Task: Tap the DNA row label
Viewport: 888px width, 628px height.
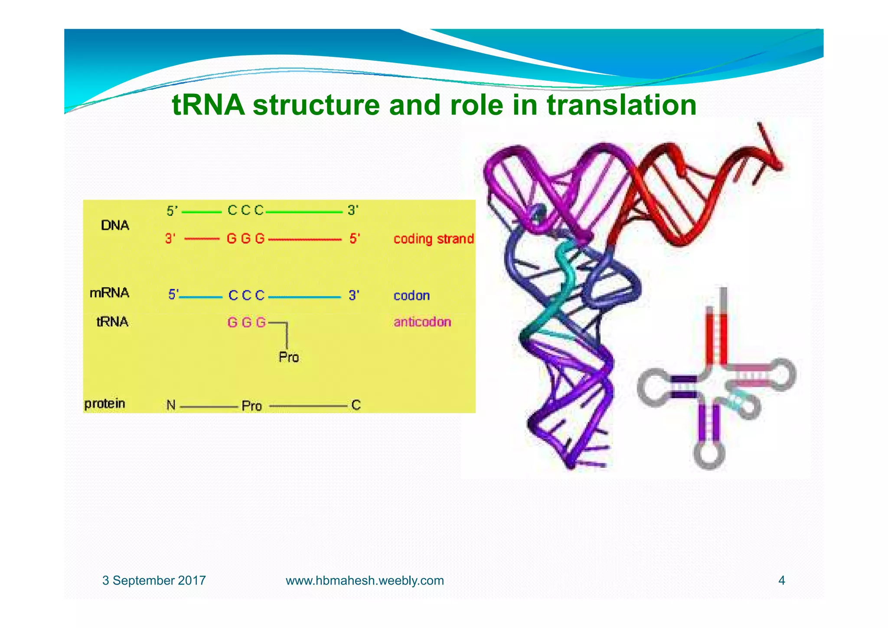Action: [x=115, y=225]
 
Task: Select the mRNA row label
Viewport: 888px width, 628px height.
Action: [x=109, y=293]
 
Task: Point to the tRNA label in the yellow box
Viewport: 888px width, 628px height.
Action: [x=112, y=322]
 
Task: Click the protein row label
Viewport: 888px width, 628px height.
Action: [x=104, y=404]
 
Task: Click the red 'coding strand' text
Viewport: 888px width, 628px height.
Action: [x=433, y=239]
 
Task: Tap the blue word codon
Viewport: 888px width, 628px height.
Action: [x=411, y=296]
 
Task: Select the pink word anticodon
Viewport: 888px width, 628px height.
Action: [x=422, y=322]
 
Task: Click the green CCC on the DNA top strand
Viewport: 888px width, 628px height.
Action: [x=245, y=210]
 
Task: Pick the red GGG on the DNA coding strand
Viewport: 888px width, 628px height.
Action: [x=245, y=239]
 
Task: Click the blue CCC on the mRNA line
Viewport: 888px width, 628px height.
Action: [x=246, y=296]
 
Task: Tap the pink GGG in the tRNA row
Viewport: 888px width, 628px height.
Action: [x=246, y=322]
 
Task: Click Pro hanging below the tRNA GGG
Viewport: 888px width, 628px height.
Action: [x=288, y=357]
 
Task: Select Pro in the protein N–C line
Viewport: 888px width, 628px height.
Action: [x=251, y=406]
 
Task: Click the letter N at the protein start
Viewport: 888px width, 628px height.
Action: [x=171, y=405]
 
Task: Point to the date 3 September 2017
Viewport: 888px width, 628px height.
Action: [x=154, y=580]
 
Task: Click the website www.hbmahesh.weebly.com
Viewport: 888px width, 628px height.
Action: [x=365, y=580]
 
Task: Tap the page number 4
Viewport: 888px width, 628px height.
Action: [x=781, y=580]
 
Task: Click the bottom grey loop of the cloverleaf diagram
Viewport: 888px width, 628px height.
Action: [x=709, y=455]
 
